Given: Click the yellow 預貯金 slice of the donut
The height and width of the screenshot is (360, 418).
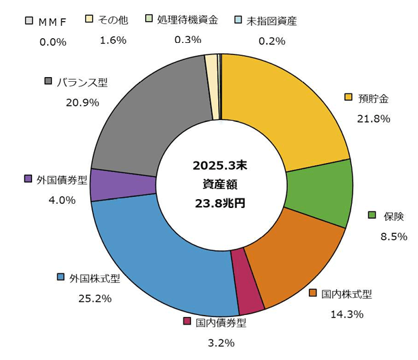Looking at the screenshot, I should coord(286,109).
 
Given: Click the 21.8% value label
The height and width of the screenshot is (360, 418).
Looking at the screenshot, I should coord(373,118).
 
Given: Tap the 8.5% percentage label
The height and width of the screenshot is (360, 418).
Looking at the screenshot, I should coord(393,237).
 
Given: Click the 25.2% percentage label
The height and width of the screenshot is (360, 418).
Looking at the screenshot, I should coord(95,298).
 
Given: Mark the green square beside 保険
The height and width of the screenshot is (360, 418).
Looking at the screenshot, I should coord(372,215).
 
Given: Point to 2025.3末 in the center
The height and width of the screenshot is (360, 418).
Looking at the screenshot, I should coord(219,166).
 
